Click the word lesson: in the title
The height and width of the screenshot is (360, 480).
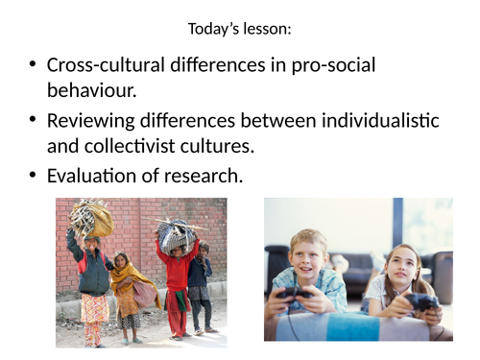[267, 29]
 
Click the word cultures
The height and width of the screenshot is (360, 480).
[216, 147]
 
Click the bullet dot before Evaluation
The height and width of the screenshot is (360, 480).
[33, 176]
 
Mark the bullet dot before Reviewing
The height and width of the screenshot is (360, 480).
[33, 121]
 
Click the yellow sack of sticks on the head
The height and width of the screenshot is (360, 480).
[92, 218]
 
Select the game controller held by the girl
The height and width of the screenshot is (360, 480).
[420, 301]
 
